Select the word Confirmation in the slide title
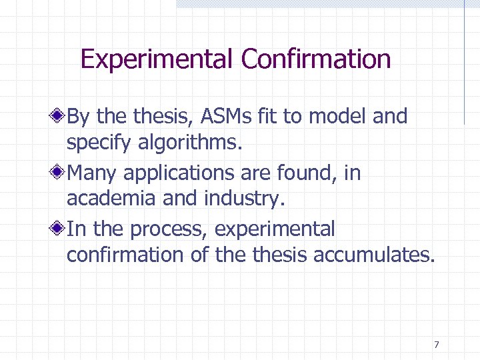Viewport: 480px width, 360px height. pos(315,59)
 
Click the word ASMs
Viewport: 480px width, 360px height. pos(216,117)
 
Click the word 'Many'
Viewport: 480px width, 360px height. pos(93,173)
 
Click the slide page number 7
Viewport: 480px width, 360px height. pos(436,345)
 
